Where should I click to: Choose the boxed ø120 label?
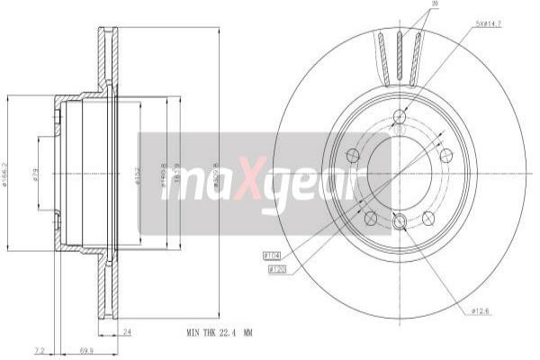[276, 268]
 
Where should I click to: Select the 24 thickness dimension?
[126, 332]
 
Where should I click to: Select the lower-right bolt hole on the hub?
[427, 216]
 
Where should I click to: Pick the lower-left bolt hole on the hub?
[369, 216]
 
